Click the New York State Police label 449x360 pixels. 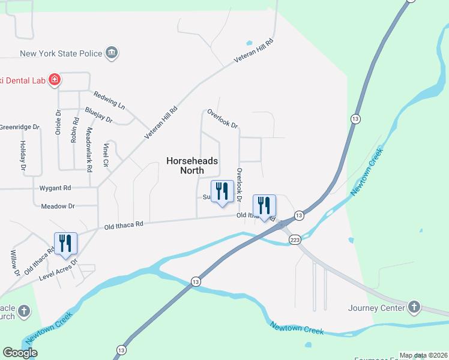point(61,53)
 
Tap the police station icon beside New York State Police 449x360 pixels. point(112,53)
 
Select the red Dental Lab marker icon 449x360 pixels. point(54,79)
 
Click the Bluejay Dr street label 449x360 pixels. point(99,115)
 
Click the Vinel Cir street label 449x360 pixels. point(106,154)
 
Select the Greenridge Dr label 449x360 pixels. point(19,127)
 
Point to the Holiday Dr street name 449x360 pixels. point(23,154)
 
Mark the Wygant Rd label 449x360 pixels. point(55,188)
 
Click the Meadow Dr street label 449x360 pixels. point(58,206)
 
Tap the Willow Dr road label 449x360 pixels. point(14,263)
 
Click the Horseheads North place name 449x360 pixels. point(191,166)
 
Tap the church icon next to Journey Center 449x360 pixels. point(414,308)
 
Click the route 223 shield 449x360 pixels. point(294,240)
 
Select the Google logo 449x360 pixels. point(20,353)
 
